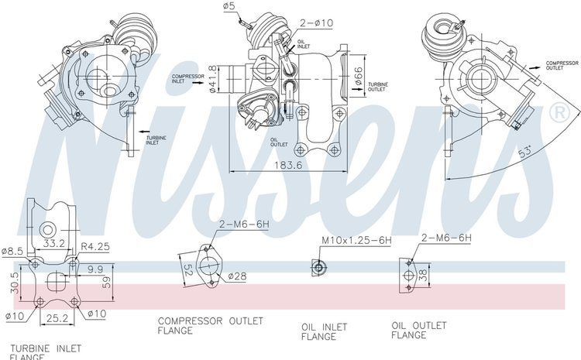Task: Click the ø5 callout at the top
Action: pos(229,8)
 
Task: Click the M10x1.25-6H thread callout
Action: pos(356,241)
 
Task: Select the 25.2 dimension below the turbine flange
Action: pos(53,317)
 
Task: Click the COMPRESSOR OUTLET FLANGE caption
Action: pos(211,325)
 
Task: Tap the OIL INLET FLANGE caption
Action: pos(324,331)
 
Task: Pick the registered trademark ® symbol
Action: pos(556,113)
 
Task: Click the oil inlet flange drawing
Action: pos(317,268)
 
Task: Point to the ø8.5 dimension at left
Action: pos(13,251)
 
